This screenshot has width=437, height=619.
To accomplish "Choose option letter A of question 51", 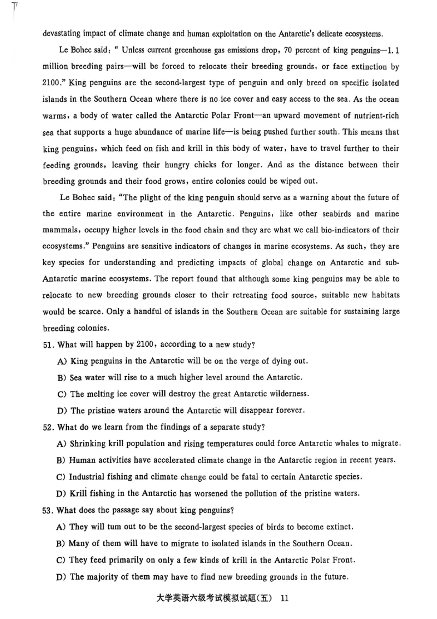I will (61, 361).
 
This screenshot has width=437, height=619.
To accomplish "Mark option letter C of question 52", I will (61, 476).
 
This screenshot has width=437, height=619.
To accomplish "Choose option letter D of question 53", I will (61, 576).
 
